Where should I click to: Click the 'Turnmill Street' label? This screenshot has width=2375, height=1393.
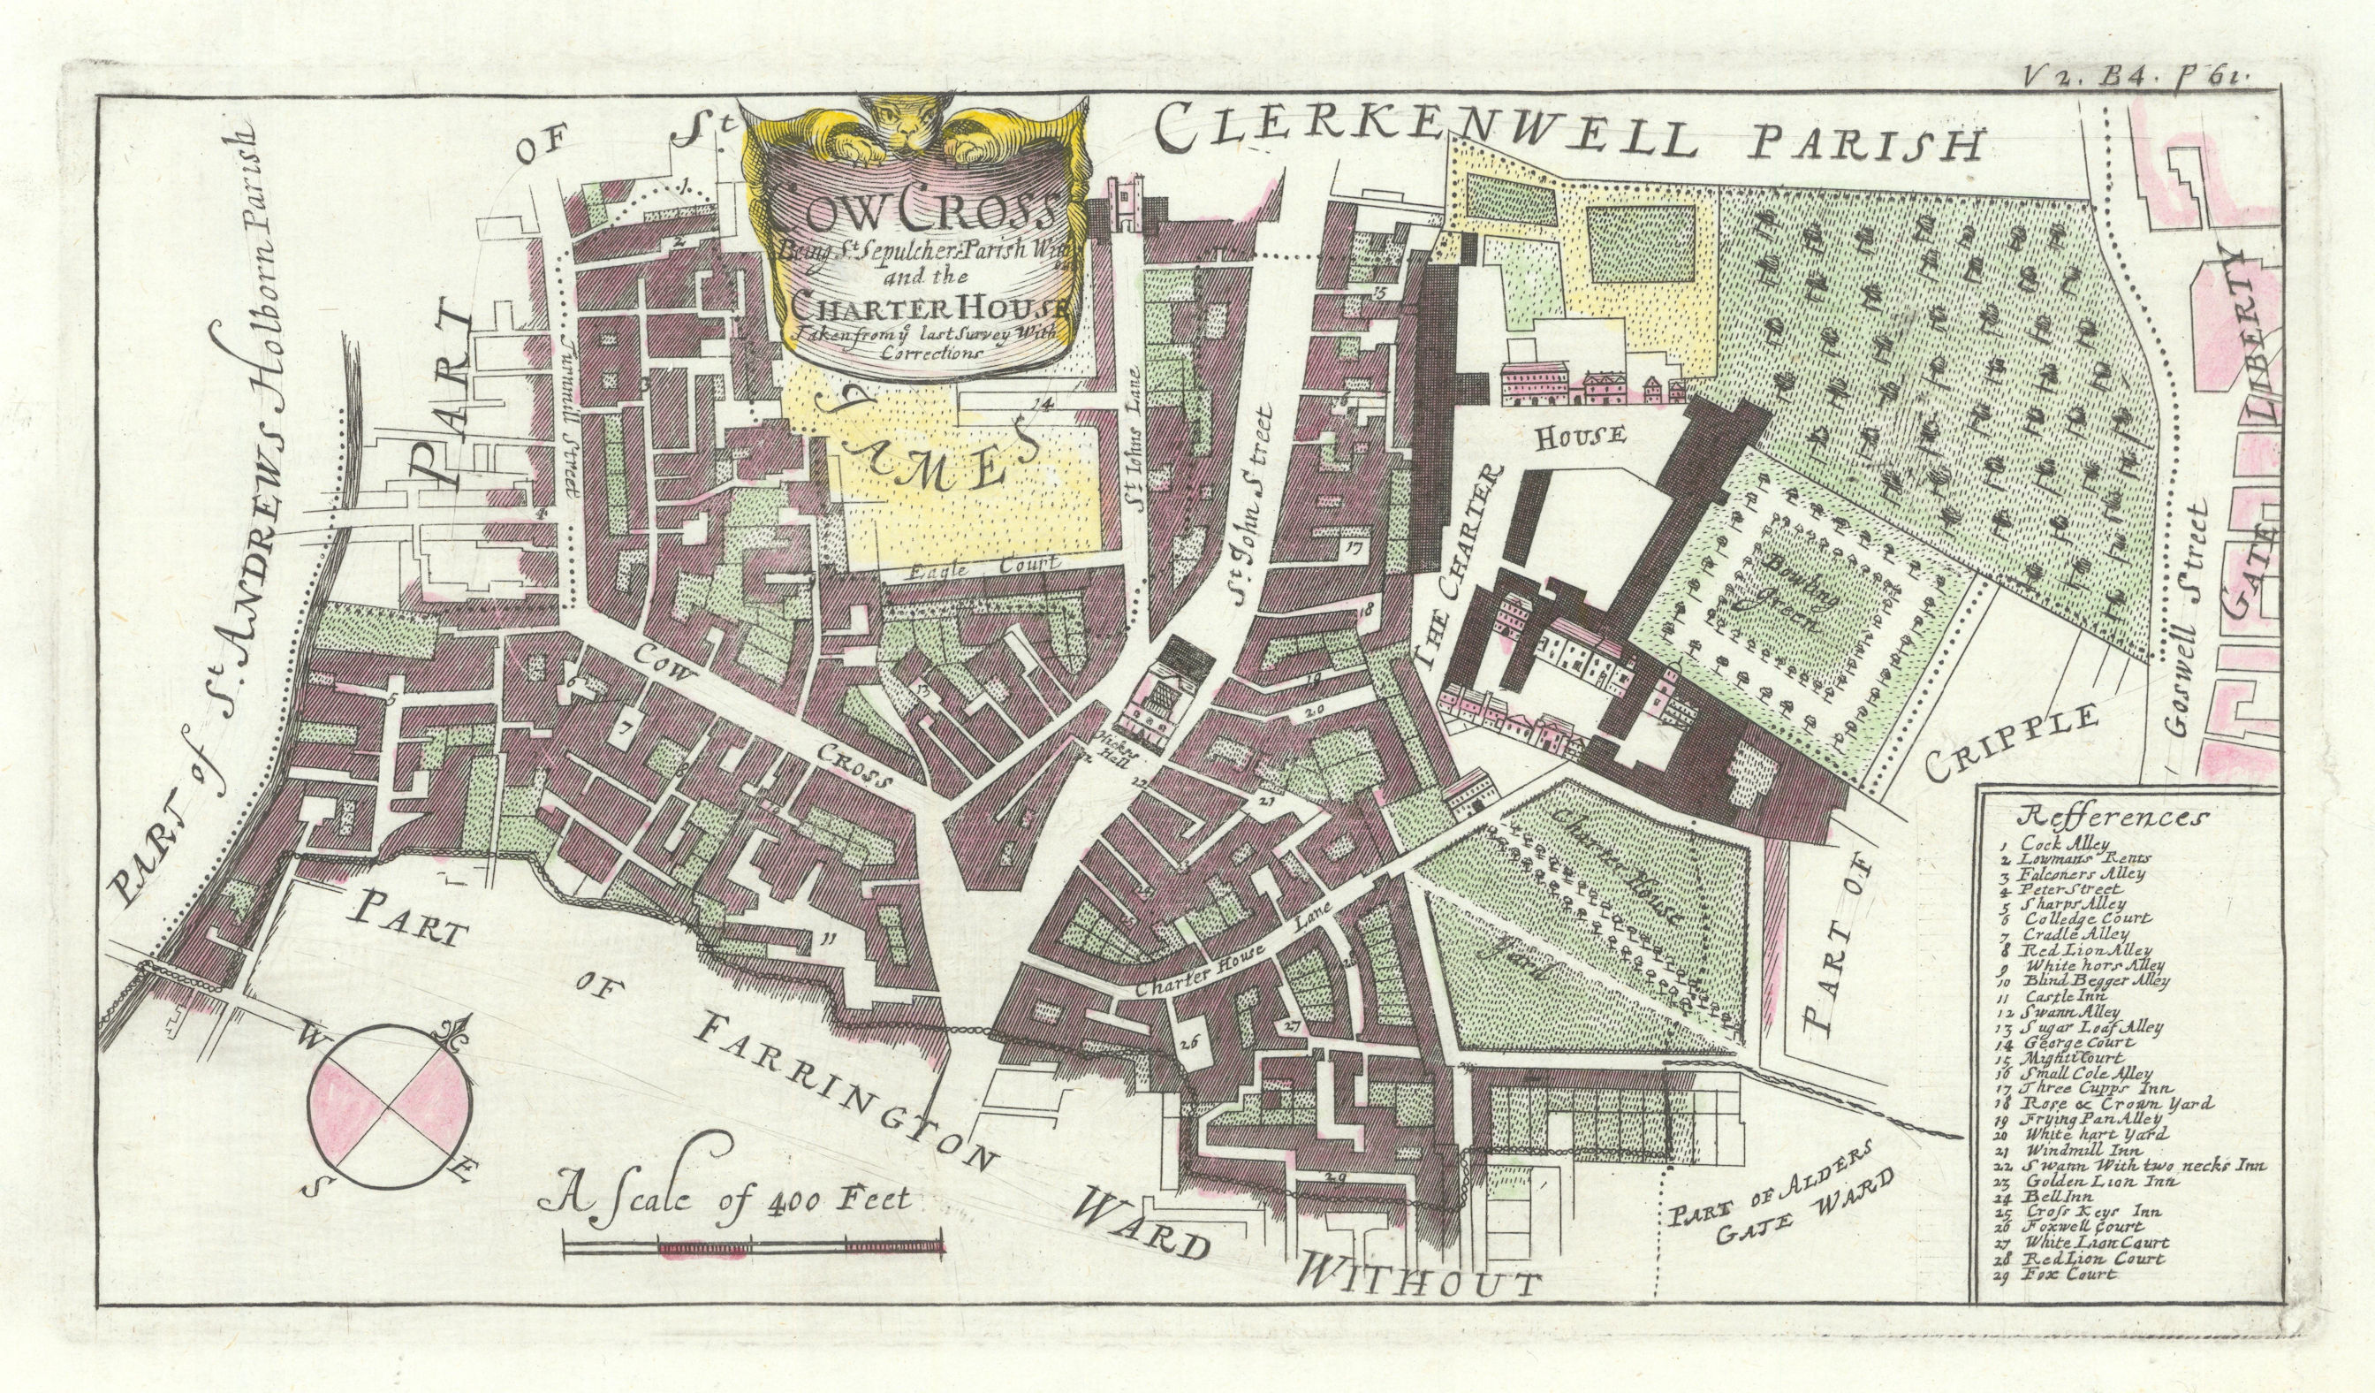(566, 415)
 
